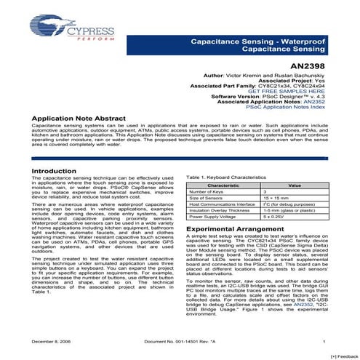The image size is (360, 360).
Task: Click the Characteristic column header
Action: coord(223,185)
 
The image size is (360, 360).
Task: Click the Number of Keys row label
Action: coord(209,192)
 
